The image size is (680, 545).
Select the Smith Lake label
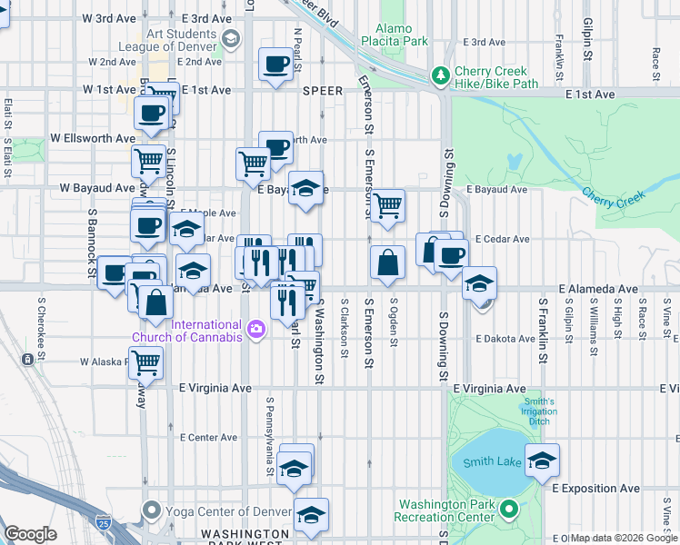click(x=492, y=462)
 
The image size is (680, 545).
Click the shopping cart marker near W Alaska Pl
click(x=145, y=362)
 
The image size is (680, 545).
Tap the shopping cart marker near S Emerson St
click(x=387, y=205)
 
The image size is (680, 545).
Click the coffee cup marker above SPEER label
click(x=275, y=64)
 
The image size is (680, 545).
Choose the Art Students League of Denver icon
click(x=231, y=37)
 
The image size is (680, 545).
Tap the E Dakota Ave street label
click(x=505, y=339)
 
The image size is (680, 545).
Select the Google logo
click(x=30, y=533)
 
